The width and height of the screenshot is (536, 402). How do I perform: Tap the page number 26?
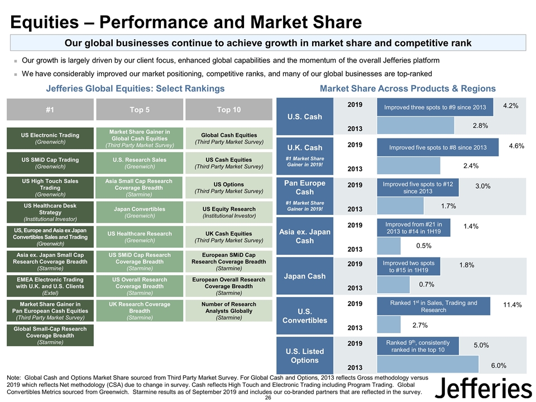268,397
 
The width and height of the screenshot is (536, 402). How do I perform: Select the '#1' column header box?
50,109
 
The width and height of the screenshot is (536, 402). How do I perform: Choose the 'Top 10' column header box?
228,109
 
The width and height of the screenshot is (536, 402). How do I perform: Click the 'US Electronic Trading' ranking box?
50,138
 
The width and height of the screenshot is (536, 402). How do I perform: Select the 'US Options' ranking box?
228,187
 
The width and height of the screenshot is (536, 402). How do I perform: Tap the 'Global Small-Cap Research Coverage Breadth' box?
50,336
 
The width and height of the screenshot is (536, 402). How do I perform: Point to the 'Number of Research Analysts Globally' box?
228,311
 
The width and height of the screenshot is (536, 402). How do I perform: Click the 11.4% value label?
512,305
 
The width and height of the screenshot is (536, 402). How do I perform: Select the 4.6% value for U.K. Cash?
516,146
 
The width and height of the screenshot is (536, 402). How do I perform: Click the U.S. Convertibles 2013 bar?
389,324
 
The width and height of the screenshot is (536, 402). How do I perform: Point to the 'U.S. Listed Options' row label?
305,355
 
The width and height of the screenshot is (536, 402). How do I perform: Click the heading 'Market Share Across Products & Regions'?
408,88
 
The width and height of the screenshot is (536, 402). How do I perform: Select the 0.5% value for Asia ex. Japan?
424,245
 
